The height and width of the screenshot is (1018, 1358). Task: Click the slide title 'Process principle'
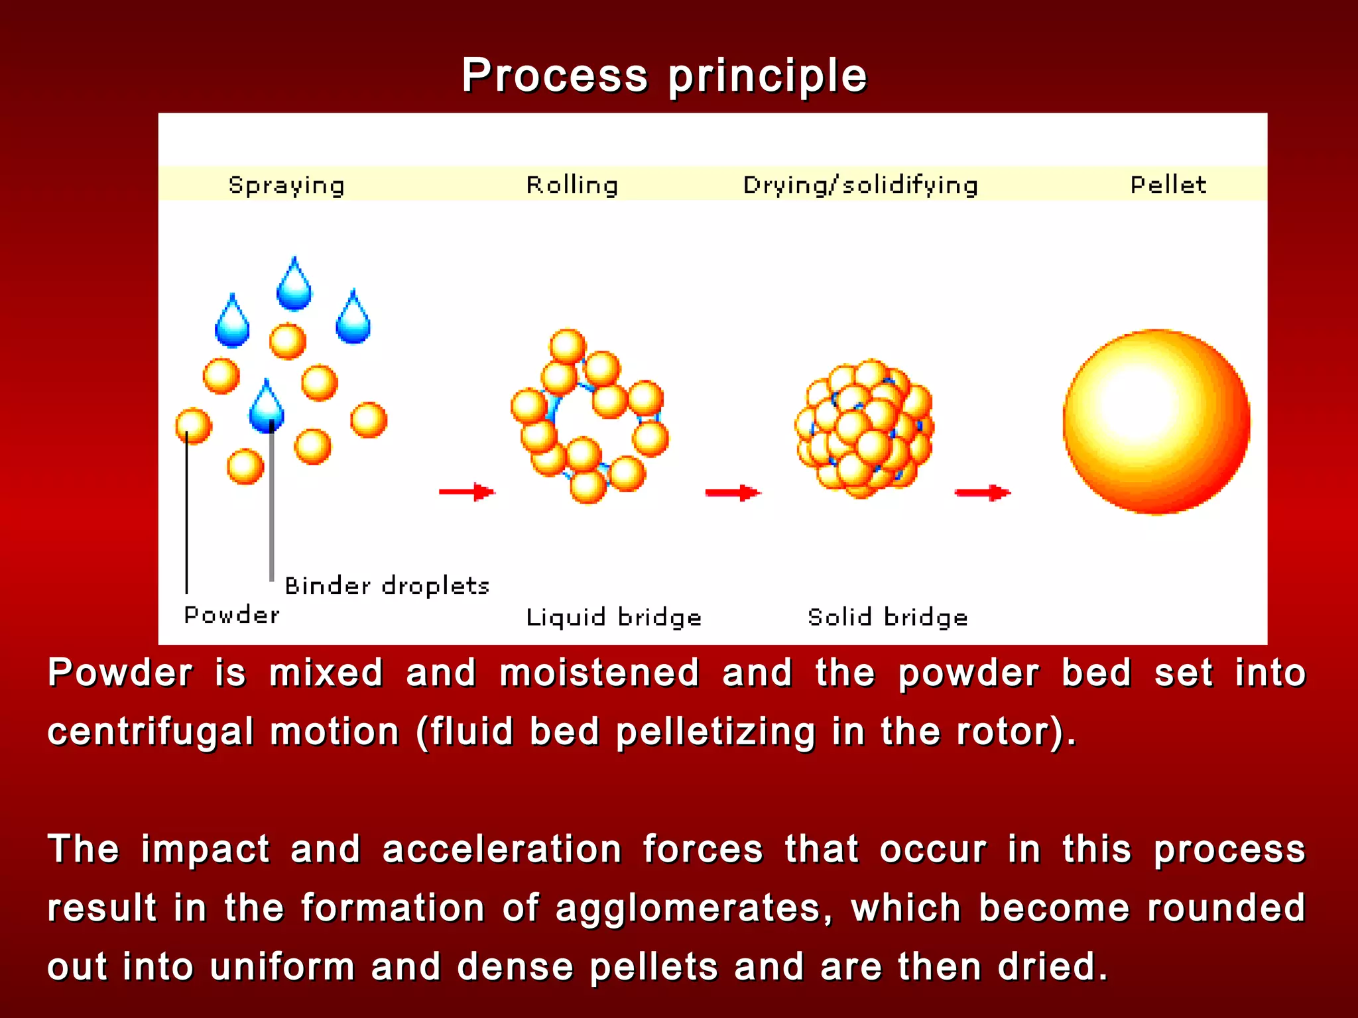click(x=664, y=76)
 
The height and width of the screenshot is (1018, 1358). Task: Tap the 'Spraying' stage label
click(x=286, y=185)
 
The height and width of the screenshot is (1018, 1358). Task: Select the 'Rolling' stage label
click(x=572, y=185)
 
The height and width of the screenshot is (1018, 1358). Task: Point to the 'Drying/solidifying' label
click(x=860, y=185)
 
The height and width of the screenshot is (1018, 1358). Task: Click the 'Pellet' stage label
click(x=1168, y=184)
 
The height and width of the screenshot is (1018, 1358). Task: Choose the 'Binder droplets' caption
click(x=387, y=586)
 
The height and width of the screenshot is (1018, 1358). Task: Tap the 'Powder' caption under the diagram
click(x=231, y=615)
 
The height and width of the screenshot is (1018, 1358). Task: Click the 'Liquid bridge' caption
click(x=613, y=617)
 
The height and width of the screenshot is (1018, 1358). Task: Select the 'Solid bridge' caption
click(x=887, y=617)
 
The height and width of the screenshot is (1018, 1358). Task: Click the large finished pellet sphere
click(x=1156, y=422)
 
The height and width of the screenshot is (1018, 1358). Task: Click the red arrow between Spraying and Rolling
click(x=467, y=492)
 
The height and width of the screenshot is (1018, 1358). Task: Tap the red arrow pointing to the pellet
click(x=982, y=492)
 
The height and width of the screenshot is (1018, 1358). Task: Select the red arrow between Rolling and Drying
click(x=733, y=492)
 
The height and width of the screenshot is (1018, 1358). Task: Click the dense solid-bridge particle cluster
click(x=864, y=428)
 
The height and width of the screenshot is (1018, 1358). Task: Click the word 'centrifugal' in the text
click(x=151, y=732)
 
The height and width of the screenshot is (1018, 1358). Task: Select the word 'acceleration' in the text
click(x=502, y=849)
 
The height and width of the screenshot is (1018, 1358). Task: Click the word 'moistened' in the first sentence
click(x=599, y=673)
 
